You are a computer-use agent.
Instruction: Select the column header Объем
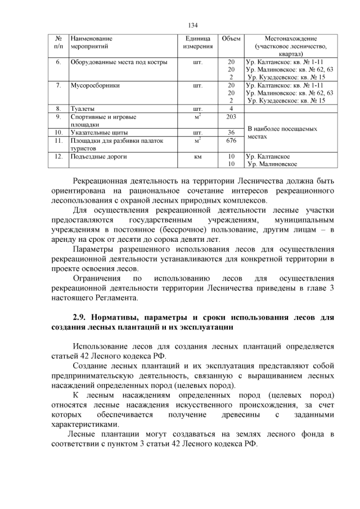[x=231, y=38]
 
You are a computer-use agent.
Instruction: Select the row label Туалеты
[x=82, y=109]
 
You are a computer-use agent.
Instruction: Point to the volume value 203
[x=231, y=116]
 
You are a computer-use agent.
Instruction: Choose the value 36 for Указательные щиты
[x=231, y=132]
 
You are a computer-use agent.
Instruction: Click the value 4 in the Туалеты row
[x=231, y=109]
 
